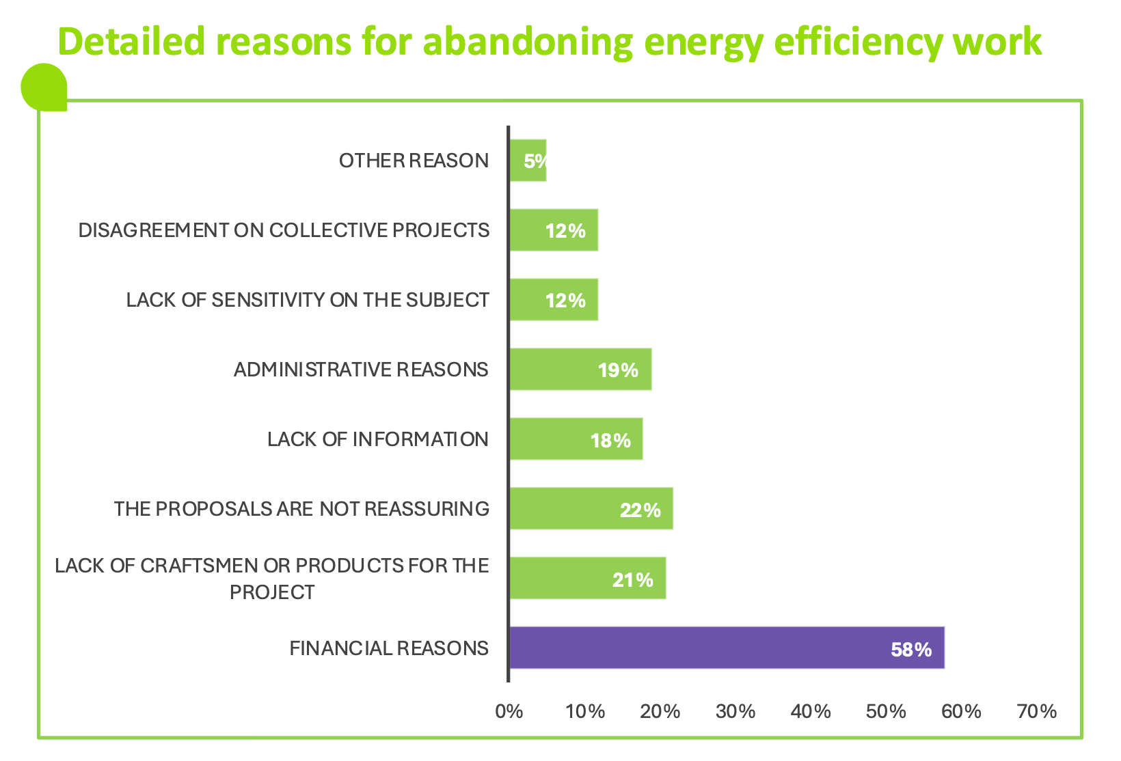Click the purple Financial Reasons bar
click(x=727, y=648)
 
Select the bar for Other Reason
click(x=528, y=161)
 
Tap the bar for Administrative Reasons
click(x=580, y=370)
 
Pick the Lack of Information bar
click(x=576, y=439)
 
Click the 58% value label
click(x=910, y=649)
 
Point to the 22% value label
click(x=640, y=510)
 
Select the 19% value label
click(x=618, y=370)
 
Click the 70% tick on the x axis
click(x=1036, y=712)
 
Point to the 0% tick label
click(x=509, y=712)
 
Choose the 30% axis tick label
click(x=735, y=712)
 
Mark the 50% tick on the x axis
click(x=886, y=712)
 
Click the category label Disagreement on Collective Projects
click(x=284, y=230)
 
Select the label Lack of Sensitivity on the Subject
click(x=308, y=300)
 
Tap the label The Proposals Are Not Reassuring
click(x=301, y=509)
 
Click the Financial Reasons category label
click(x=389, y=648)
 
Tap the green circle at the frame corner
click(x=44, y=87)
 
